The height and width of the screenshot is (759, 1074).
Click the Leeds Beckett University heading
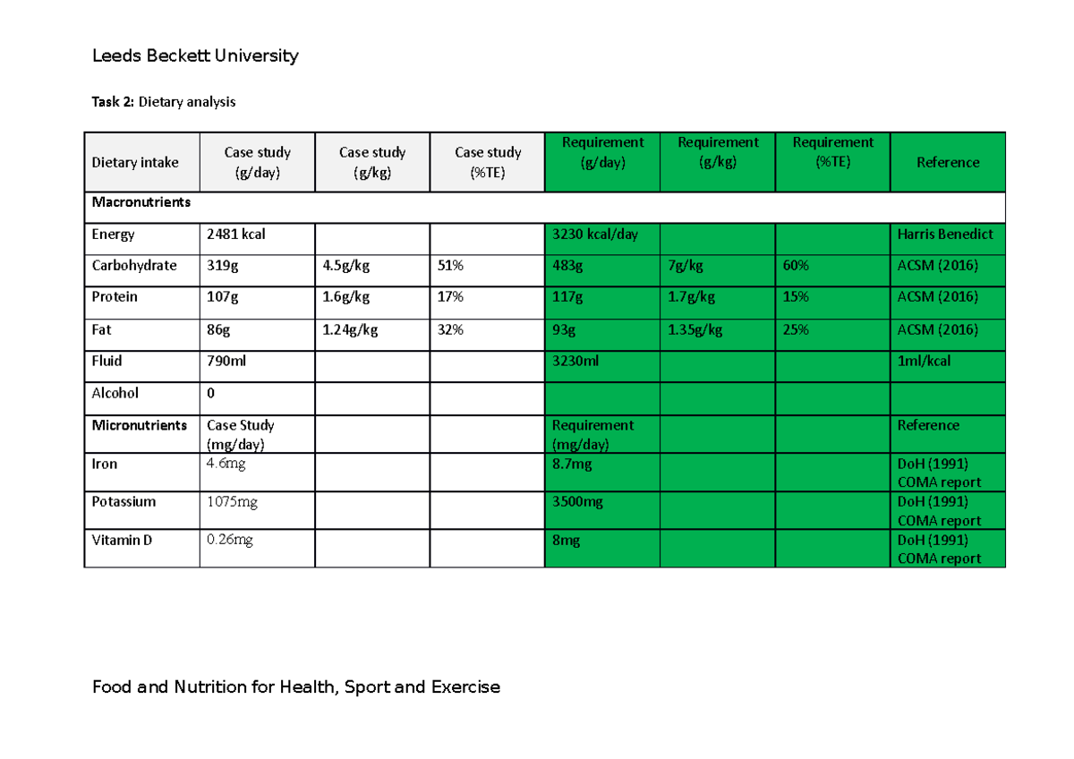[195, 56]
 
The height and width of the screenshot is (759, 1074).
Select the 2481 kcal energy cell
[236, 235]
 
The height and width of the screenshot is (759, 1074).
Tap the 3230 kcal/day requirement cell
[596, 235]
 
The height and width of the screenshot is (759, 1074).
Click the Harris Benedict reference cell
[945, 235]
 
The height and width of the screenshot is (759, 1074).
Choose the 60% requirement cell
[796, 266]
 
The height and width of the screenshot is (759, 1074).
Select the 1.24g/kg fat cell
[350, 329]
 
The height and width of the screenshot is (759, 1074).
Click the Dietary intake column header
[135, 162]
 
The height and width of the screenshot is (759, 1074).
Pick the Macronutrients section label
[141, 202]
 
